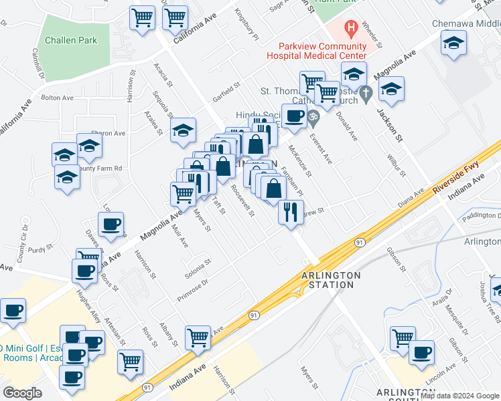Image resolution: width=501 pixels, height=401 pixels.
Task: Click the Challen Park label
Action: click(71, 40)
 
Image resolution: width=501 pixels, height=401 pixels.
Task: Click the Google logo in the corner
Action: click(22, 393)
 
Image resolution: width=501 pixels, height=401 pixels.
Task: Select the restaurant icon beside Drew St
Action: click(291, 213)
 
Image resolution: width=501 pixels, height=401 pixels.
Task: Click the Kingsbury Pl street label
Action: click(246, 25)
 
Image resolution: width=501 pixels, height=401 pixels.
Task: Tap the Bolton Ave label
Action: click(57, 98)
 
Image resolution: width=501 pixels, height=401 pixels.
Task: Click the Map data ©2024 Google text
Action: click(459, 395)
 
